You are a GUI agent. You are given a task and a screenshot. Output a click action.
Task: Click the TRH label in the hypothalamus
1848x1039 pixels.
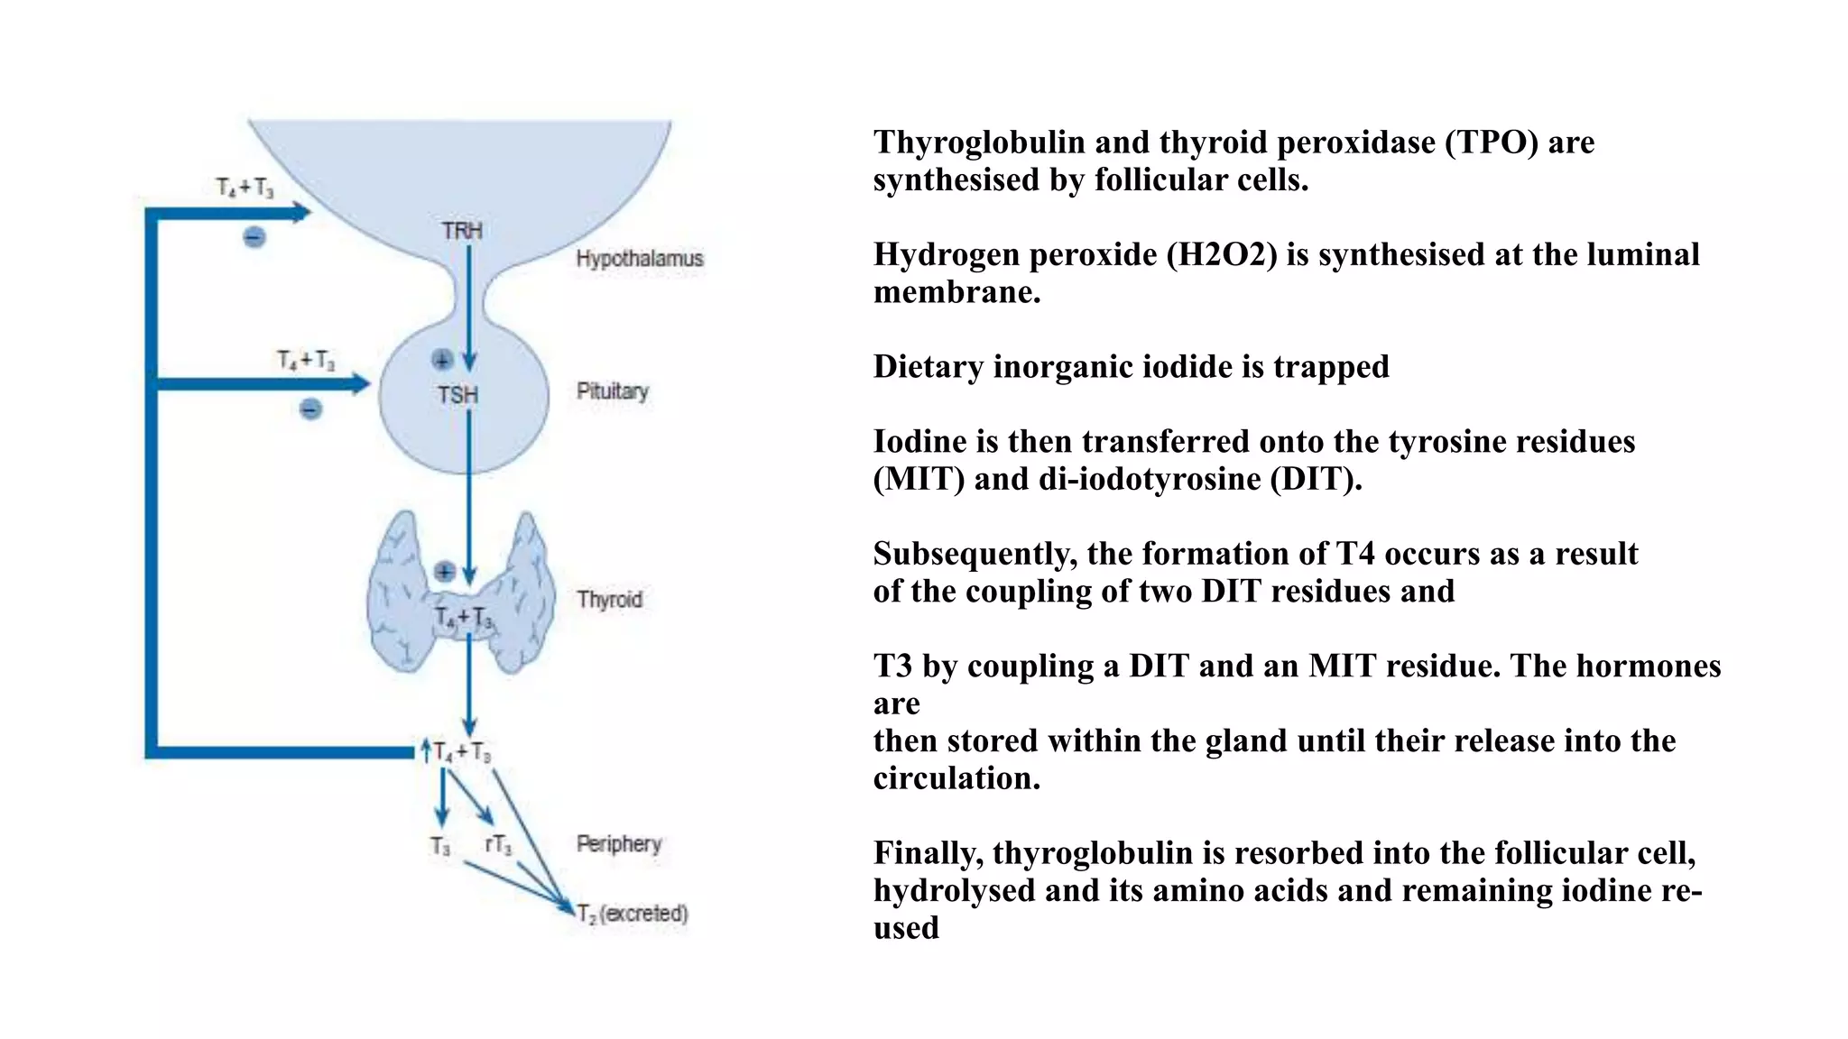coord(462,231)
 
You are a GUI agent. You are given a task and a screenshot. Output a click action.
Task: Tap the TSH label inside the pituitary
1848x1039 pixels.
coord(457,395)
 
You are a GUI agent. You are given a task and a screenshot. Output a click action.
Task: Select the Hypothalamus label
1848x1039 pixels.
coord(639,259)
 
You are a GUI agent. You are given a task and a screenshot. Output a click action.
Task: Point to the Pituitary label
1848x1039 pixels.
coord(612,391)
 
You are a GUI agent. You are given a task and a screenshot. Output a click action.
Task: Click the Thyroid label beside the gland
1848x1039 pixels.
coord(609,600)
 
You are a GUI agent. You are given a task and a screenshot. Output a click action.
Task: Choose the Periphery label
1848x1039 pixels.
coord(618,844)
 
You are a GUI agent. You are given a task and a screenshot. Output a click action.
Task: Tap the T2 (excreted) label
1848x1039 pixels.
coord(633,914)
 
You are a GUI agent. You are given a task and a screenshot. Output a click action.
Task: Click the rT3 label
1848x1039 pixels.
coord(498,845)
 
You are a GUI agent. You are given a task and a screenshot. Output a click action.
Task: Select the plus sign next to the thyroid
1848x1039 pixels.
coord(444,572)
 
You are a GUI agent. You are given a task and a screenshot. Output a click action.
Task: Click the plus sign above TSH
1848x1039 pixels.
coord(441,360)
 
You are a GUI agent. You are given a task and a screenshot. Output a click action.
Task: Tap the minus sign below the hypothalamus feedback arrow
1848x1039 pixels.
coord(254,237)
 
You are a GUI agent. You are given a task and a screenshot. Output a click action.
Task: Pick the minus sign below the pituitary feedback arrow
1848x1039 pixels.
coord(310,409)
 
